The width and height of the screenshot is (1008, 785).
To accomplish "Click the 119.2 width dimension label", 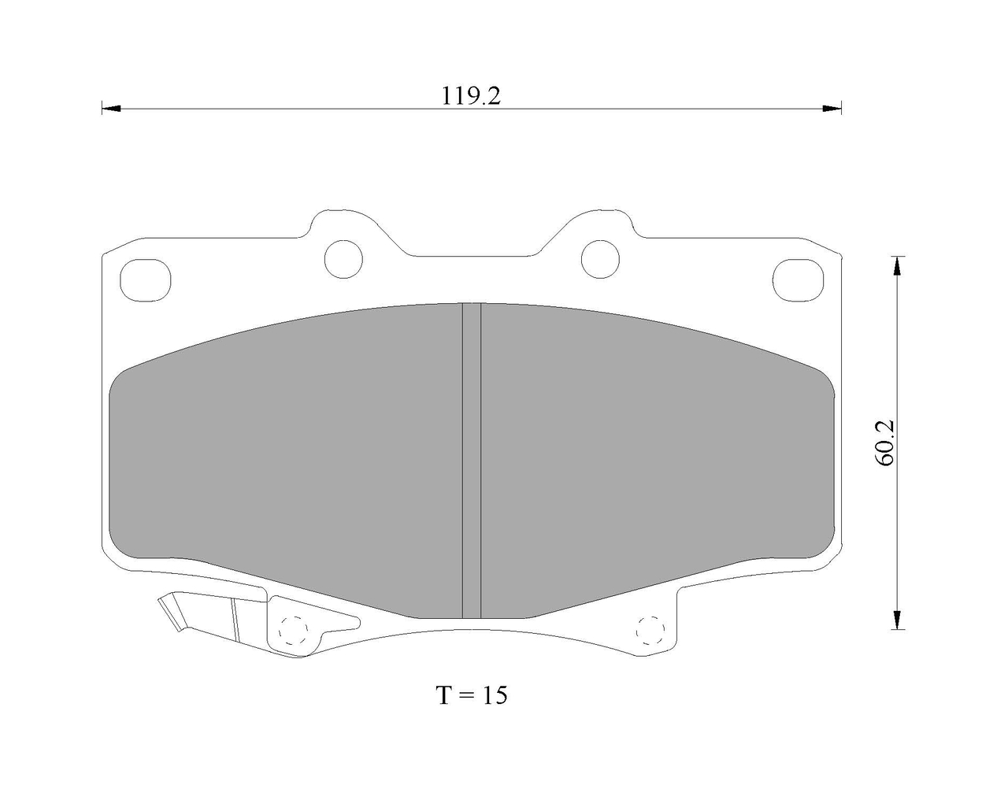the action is click(x=471, y=96).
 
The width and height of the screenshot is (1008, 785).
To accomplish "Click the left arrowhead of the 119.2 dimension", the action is click(x=111, y=109).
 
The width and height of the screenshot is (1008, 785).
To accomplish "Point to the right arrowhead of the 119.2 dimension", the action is click(x=832, y=109).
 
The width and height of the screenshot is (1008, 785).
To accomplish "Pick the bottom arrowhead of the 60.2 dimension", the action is click(x=898, y=619).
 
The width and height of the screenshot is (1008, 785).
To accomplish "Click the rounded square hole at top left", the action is click(x=145, y=280).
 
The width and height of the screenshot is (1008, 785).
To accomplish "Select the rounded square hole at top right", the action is click(x=799, y=280).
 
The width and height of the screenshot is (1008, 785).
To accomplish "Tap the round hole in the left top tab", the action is click(x=343, y=259).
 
